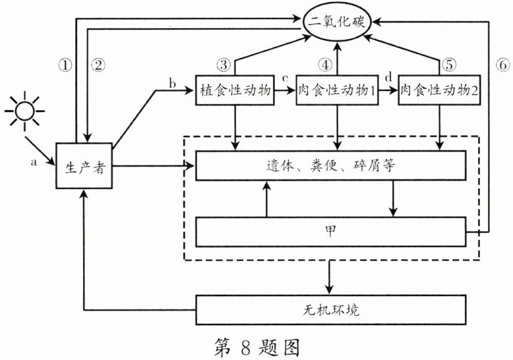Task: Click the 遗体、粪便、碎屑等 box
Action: (335, 165)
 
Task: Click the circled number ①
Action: (64, 65)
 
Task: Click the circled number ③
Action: (223, 65)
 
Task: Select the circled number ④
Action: (324, 65)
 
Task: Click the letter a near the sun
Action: (34, 159)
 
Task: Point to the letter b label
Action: (172, 82)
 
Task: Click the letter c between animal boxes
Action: (286, 79)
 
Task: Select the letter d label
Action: (388, 79)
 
